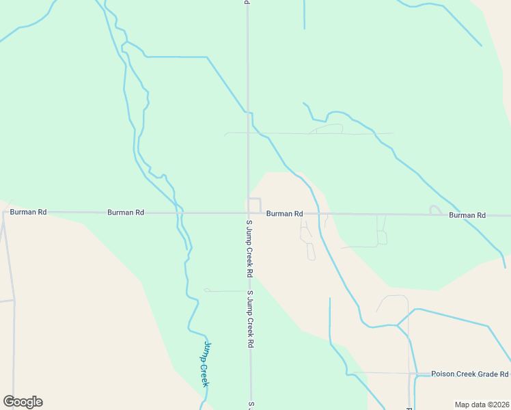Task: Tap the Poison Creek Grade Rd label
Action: pyautogui.click(x=470, y=374)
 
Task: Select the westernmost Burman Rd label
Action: pyautogui.click(x=28, y=213)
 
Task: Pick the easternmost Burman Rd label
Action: pyautogui.click(x=467, y=215)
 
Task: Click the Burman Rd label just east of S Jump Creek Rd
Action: pyautogui.click(x=284, y=214)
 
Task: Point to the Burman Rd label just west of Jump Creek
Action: pyautogui.click(x=126, y=213)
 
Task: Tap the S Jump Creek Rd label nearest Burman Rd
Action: pyautogui.click(x=250, y=248)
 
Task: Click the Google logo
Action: pyautogui.click(x=23, y=402)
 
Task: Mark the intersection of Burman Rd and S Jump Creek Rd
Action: pyautogui.click(x=248, y=213)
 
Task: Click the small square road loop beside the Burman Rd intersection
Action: pyautogui.click(x=255, y=204)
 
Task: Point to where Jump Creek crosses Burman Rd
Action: pyautogui.click(x=180, y=213)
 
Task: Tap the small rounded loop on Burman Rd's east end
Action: pyautogui.click(x=434, y=210)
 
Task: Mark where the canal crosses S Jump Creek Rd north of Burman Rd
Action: pyautogui.click(x=248, y=112)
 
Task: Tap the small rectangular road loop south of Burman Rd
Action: pyautogui.click(x=382, y=237)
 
